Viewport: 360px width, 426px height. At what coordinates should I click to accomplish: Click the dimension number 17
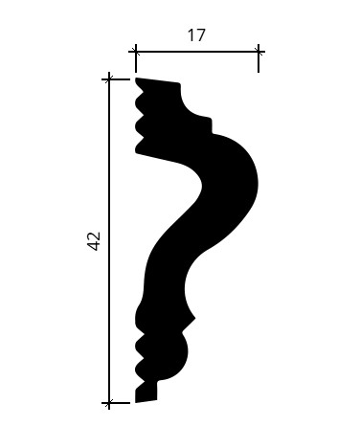pos(196,35)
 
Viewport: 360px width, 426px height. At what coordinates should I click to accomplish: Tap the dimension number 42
pos(94,241)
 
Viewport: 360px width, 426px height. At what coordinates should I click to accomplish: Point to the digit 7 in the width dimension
pos(200,35)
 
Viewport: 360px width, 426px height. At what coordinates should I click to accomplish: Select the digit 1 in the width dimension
pos(191,35)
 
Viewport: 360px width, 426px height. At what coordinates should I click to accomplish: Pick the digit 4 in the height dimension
pos(94,246)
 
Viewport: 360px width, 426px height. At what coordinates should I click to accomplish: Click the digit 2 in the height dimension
pos(94,236)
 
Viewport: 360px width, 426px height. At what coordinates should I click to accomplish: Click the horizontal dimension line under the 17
pos(197,51)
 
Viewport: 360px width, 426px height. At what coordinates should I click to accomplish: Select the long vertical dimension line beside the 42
pos(109,241)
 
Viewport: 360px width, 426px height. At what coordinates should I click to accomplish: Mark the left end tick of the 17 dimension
pos(136,51)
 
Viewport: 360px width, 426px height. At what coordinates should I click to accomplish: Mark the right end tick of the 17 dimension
pos(259,51)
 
